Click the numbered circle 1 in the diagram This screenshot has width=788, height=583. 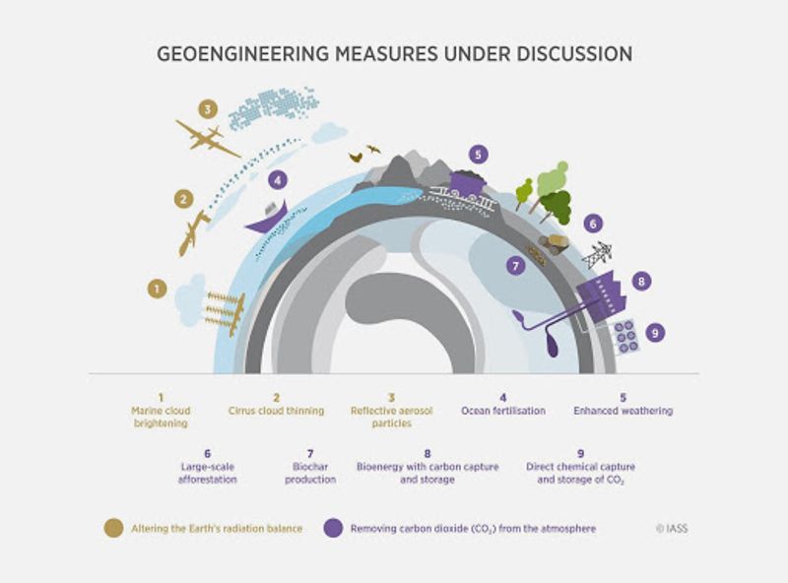156,289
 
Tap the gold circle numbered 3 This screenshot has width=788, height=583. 207,109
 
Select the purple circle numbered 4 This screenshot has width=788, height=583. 279,181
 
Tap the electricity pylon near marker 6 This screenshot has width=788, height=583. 597,255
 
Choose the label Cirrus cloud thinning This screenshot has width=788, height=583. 277,410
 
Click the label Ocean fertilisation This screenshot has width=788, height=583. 502,410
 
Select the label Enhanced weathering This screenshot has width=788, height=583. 624,410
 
